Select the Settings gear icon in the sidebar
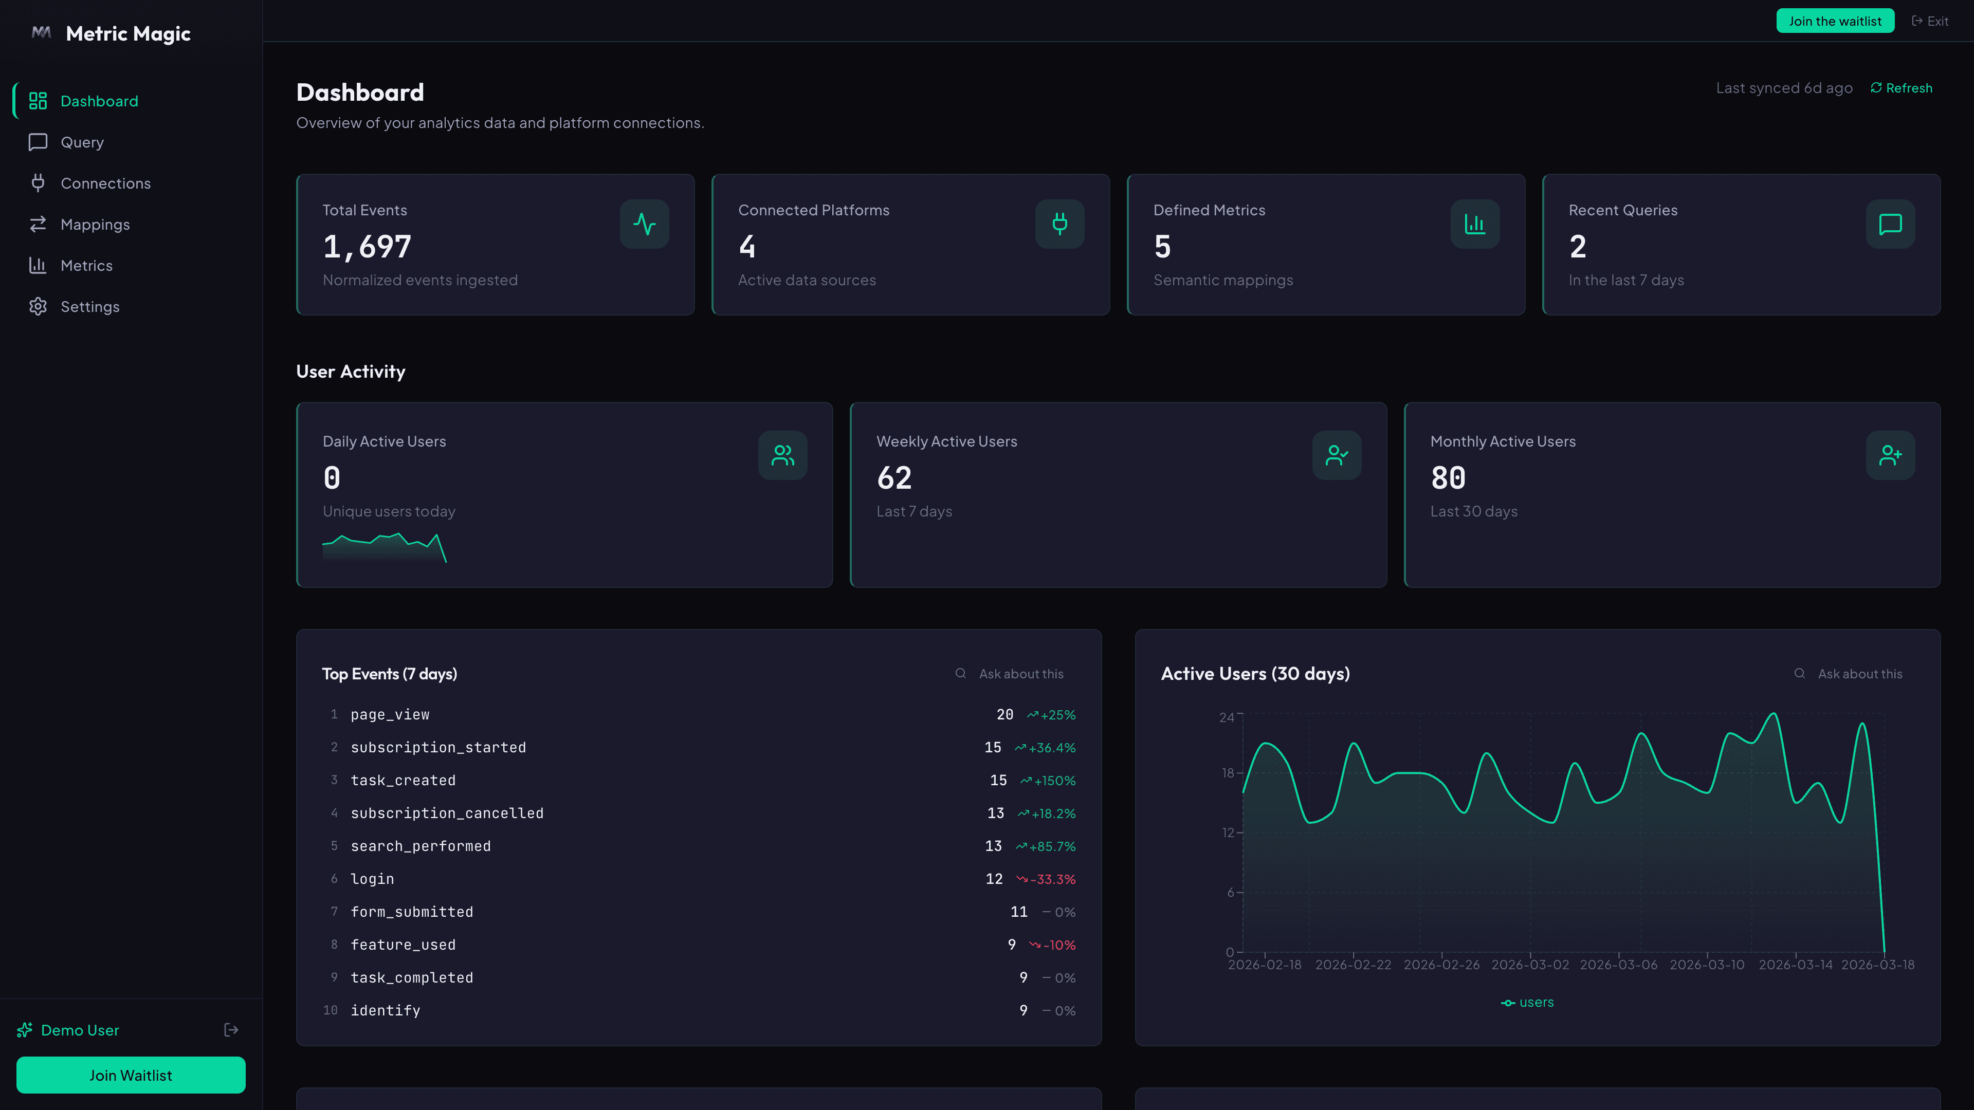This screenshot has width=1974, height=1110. pyautogui.click(x=38, y=306)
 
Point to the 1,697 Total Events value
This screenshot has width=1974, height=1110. pyautogui.click(x=367, y=247)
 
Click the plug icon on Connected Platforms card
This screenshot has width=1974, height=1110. pyautogui.click(x=1059, y=224)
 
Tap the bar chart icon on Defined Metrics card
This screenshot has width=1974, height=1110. pyautogui.click(x=1474, y=224)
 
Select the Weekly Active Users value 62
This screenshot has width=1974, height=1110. pyautogui.click(x=893, y=478)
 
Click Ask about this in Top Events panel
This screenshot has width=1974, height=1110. pyautogui.click(x=1020, y=674)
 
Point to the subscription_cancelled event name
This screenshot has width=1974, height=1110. pyautogui.click(x=447, y=813)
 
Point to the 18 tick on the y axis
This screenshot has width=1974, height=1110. pyautogui.click(x=1228, y=773)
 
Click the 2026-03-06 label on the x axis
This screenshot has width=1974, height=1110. pyautogui.click(x=1618, y=965)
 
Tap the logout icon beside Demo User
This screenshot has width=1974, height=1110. pyautogui.click(x=231, y=1030)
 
